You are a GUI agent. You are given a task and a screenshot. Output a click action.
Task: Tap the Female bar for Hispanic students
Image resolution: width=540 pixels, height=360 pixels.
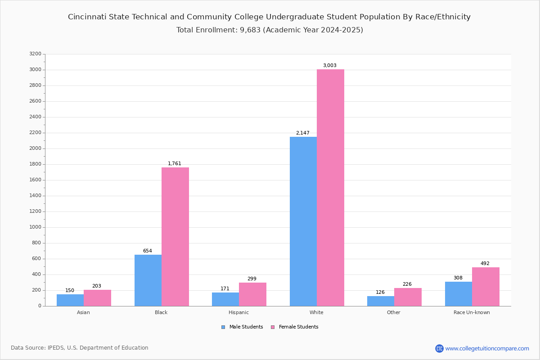252,294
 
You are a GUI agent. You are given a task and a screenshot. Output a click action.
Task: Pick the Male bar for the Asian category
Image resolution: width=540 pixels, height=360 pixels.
70,300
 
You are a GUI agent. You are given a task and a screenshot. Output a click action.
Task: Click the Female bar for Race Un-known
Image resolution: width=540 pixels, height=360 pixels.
486,287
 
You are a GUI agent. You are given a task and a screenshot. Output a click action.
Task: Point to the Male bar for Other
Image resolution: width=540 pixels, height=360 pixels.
381,301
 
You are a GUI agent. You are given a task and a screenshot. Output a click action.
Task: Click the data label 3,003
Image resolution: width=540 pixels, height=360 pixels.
329,66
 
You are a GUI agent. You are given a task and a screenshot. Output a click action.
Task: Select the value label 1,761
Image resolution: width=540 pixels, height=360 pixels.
175,164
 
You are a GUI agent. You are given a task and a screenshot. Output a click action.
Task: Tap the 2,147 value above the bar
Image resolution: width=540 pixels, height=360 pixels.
302,133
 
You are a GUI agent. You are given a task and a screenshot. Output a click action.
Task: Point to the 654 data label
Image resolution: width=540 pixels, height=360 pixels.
148,251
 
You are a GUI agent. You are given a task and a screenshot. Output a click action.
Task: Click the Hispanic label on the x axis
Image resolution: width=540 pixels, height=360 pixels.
238,312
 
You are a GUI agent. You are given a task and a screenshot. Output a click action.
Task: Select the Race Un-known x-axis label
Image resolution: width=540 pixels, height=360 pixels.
472,312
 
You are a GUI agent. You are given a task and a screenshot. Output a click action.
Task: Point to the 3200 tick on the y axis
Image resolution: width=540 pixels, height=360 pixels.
35,54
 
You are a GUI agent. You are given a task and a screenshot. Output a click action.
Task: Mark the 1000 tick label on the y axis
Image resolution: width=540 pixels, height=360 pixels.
35,227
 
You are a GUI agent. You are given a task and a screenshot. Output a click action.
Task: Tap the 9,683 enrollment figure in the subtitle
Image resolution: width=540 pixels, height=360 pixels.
248,30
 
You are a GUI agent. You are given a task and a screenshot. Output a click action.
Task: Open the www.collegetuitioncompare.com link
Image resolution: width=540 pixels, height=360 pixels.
487,348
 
